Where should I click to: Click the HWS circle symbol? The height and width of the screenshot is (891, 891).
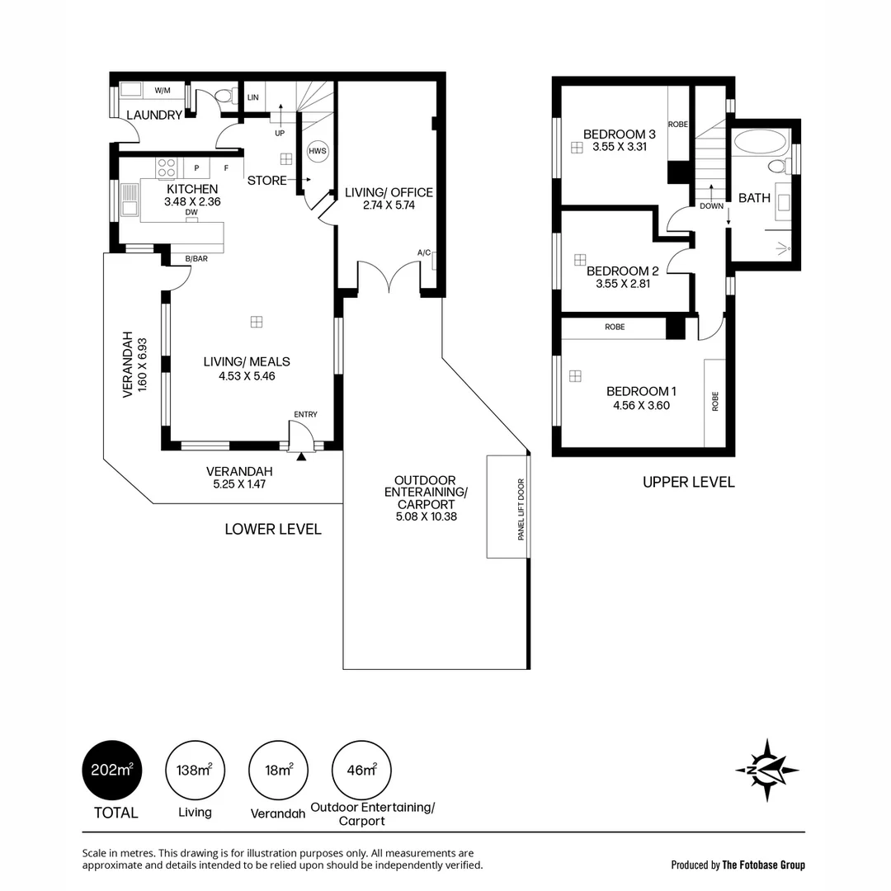(318, 151)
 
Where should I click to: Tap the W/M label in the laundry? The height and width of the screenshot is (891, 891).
(163, 91)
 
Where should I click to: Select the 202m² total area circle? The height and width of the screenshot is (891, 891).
(112, 771)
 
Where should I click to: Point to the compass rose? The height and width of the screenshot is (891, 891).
(767, 771)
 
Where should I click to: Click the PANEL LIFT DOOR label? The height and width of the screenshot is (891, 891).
(521, 509)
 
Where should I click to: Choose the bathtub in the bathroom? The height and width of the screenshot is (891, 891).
(761, 143)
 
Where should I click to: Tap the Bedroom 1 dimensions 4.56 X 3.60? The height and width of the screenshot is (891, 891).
(642, 405)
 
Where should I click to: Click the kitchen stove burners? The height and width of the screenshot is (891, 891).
(167, 168)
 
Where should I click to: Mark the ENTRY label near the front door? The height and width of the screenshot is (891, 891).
(306, 414)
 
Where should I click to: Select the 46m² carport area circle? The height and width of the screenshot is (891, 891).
(362, 771)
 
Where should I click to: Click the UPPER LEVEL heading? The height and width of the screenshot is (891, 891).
(689, 483)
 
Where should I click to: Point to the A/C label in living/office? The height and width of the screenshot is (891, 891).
(424, 252)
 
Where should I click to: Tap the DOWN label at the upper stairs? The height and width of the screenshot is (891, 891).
(711, 206)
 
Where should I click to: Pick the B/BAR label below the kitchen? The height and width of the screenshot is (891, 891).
(196, 258)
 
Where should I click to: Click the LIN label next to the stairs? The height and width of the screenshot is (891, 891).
(253, 97)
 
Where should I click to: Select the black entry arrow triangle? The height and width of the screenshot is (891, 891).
(301, 455)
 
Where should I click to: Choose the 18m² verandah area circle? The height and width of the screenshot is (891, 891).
(279, 771)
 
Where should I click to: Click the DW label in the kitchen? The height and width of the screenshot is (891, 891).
(191, 213)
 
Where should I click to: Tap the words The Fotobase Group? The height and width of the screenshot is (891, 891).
(764, 865)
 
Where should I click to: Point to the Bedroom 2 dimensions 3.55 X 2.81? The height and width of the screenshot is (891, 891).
(623, 284)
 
